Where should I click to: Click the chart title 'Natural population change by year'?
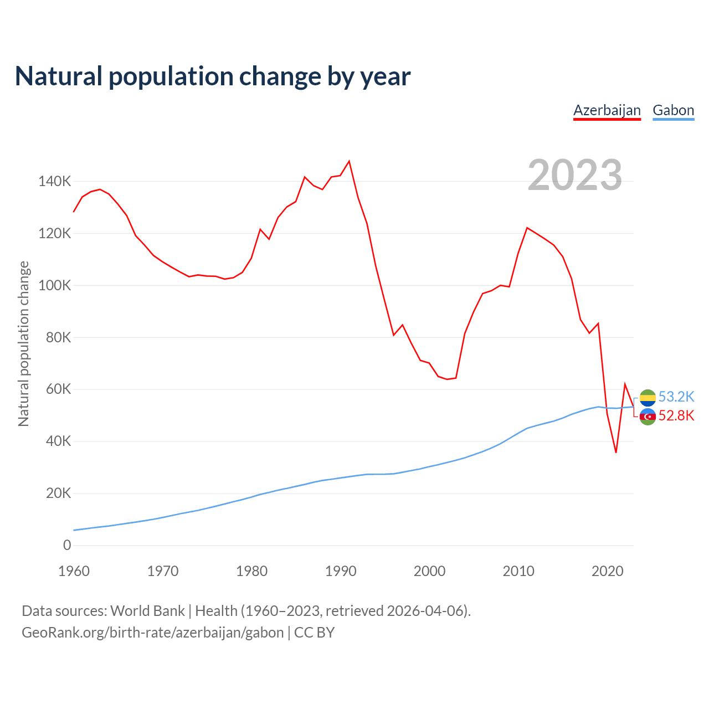[x=213, y=76]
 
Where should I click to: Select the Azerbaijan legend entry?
[x=607, y=110]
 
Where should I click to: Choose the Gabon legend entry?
[x=673, y=110]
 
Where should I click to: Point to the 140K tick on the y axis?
[x=55, y=182]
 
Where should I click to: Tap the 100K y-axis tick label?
[x=55, y=286]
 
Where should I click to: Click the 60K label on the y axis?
[x=58, y=389]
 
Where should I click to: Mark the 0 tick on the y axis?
[x=67, y=546]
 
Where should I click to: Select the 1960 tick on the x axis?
[x=74, y=571]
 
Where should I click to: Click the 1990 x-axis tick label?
[x=341, y=571]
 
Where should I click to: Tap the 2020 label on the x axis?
[x=608, y=571]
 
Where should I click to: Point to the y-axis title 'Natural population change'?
[x=24, y=344]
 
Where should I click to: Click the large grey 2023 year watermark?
[x=575, y=175]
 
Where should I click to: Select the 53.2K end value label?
[x=676, y=397]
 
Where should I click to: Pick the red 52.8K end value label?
[x=676, y=416]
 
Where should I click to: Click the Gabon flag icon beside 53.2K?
[x=648, y=397]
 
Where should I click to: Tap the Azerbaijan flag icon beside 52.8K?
[x=648, y=417]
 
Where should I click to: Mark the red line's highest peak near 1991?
[x=349, y=161]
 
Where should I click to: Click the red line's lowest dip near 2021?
[x=616, y=453]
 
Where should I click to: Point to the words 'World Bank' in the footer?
[x=147, y=611]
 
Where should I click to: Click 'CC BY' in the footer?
[x=314, y=633]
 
